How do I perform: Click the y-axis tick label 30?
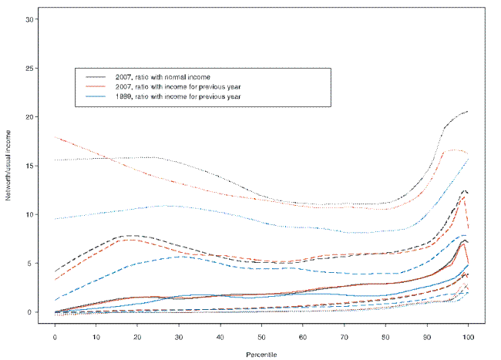(x=29, y=19)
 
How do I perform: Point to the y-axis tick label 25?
(x=29, y=68)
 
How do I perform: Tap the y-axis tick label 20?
(x=29, y=116)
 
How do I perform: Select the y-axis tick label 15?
(x=29, y=166)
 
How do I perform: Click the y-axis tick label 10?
(x=29, y=214)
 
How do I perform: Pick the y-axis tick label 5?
(x=31, y=263)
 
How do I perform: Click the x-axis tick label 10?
(x=96, y=338)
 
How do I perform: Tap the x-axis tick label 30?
(x=179, y=338)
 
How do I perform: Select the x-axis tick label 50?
(x=261, y=338)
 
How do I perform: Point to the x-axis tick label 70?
(x=344, y=338)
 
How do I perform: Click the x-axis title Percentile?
(x=262, y=355)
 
